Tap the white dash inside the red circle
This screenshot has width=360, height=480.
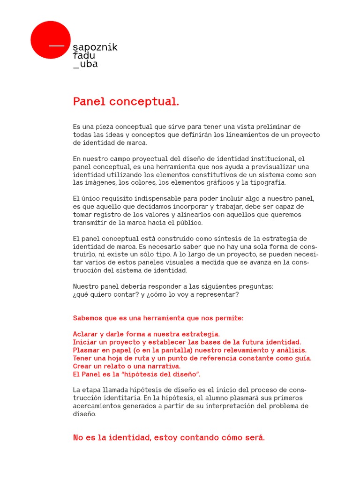click(x=57, y=46)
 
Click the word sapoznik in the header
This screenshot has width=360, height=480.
click(x=95, y=48)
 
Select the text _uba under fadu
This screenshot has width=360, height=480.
click(x=85, y=64)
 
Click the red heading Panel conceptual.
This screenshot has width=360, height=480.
click(x=126, y=102)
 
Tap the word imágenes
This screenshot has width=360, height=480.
click(x=102, y=183)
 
